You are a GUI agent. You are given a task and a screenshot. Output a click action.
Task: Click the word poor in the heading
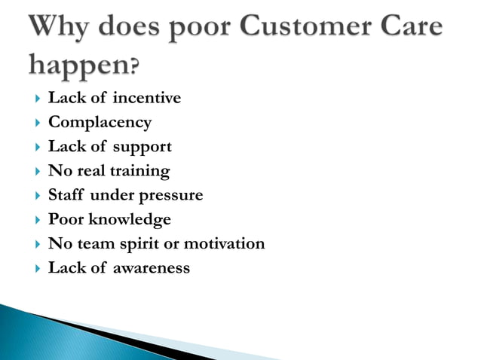(x=204, y=28)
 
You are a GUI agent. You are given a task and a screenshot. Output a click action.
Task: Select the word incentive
(x=147, y=98)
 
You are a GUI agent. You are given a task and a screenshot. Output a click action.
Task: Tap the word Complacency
(x=100, y=122)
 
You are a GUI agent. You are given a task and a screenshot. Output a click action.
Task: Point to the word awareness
(x=151, y=267)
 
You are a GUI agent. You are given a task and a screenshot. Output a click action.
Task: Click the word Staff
(x=66, y=195)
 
